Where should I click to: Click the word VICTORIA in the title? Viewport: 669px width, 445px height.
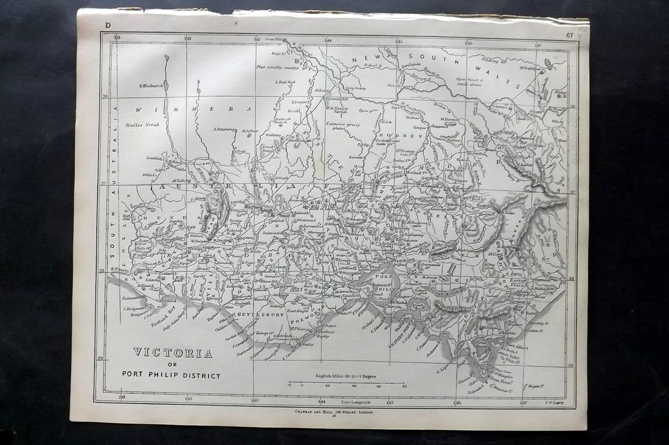pos(173,353)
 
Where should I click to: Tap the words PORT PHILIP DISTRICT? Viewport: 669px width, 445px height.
pos(172,376)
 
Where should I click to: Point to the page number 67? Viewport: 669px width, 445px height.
pos(569,35)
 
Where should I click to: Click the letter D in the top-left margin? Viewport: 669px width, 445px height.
pos(108,25)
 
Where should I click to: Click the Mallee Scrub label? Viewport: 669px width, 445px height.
pos(141,124)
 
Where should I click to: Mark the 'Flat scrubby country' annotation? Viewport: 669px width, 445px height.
pos(277,67)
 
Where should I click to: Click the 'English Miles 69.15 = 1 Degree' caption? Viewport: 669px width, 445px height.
pos(346,376)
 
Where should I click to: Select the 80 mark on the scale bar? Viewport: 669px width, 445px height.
pos(404,386)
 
